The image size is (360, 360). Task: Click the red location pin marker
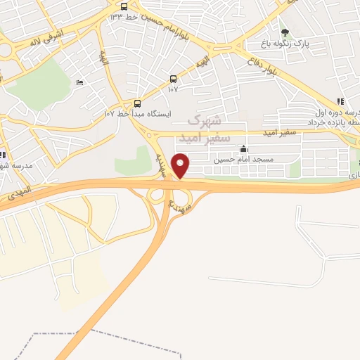tap(181, 165)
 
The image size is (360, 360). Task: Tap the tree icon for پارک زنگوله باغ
tap(285, 32)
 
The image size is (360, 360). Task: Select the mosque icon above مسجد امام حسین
tap(243, 149)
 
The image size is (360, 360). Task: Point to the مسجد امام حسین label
tap(243, 160)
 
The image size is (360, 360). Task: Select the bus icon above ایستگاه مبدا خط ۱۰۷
tap(137, 102)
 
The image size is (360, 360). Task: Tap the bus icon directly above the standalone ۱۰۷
tap(174, 79)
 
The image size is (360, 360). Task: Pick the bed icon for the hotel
tap(79, 82)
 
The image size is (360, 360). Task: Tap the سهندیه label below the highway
tap(176, 204)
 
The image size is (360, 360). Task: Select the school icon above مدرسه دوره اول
tap(340, 101)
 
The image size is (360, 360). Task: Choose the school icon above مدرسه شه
tap(2, 155)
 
